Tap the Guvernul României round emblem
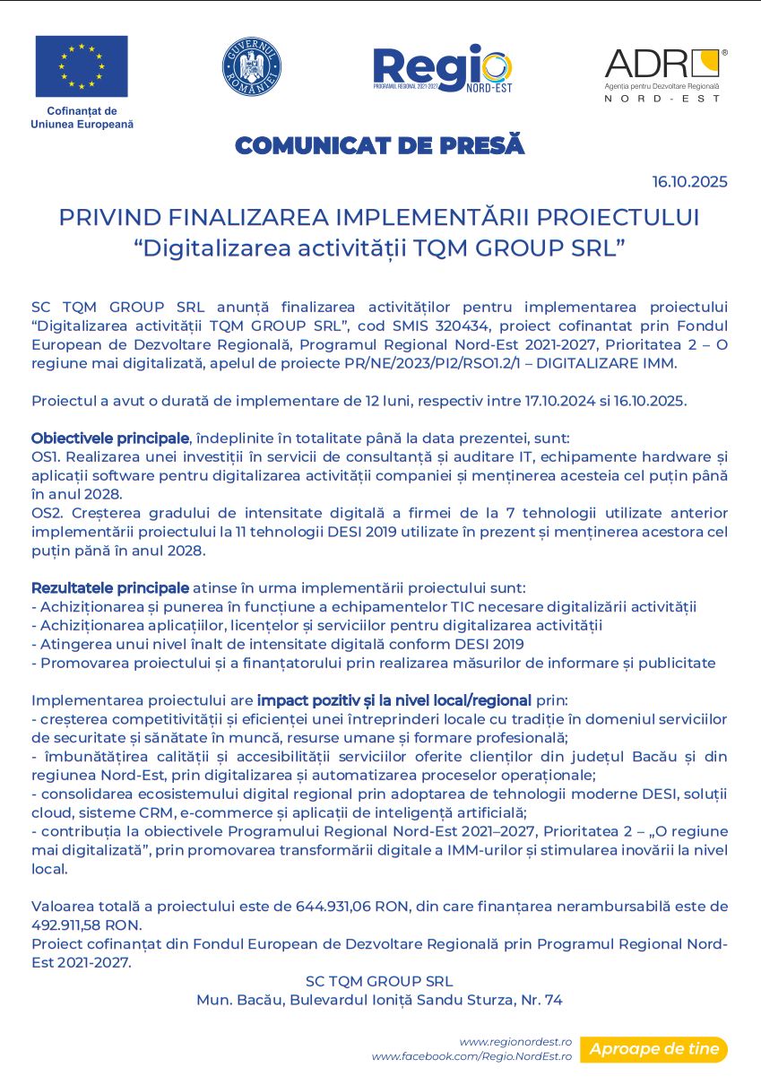click(x=252, y=67)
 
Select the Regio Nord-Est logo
click(x=442, y=69)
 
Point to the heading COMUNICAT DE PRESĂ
click(x=379, y=145)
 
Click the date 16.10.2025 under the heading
click(x=689, y=182)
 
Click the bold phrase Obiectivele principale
click(x=110, y=438)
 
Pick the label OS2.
click(x=44, y=513)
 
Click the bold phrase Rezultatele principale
click(x=110, y=588)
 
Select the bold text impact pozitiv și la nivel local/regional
click(x=394, y=699)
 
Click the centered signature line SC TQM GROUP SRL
click(x=379, y=981)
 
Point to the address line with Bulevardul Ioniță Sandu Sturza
click(x=379, y=1000)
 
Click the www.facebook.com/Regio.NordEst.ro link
click(x=471, y=1056)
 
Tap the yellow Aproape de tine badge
click(x=653, y=1049)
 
